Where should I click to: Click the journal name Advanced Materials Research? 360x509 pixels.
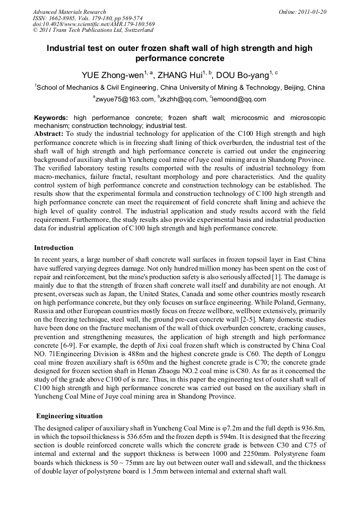click(x=69, y=12)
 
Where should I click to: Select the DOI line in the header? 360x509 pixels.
click(x=93, y=24)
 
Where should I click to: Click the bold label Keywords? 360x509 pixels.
click(x=51, y=118)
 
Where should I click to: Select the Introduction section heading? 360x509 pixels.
click(x=54, y=248)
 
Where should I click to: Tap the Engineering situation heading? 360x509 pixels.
click(x=70, y=416)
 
